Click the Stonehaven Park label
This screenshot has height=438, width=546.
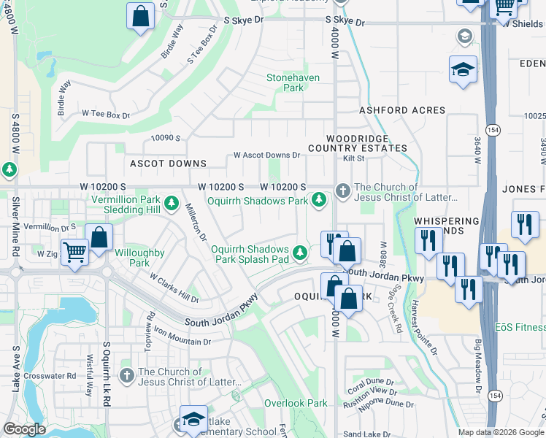285,82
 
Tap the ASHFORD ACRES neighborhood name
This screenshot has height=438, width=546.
401,110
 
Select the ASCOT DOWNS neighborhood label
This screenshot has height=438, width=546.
168,164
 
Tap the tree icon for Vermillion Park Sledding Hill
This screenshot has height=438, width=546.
172,202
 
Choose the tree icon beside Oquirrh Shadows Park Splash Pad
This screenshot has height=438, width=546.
299,253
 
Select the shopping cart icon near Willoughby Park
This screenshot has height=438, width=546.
74,253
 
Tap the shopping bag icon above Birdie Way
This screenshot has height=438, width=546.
140,15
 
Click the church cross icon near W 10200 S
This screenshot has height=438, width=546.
343,191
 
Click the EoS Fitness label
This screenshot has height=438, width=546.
520,327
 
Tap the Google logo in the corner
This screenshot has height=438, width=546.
24,429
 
